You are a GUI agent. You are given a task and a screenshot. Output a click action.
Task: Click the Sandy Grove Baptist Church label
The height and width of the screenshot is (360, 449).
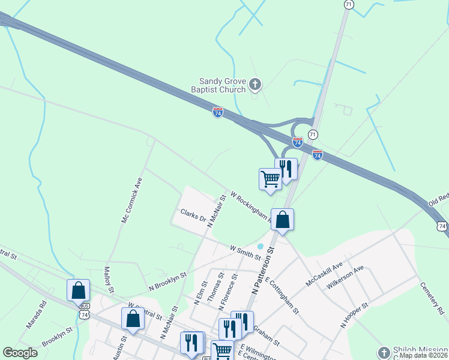point(223,85)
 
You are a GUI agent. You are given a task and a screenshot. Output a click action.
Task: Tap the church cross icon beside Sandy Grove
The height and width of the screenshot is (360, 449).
point(256,85)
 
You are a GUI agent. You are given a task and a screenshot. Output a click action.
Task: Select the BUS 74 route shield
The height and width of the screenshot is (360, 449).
point(85,310)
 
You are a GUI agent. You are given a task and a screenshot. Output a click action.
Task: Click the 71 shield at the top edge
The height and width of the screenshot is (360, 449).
point(349,4)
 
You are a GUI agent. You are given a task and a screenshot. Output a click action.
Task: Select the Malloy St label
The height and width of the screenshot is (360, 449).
point(109,280)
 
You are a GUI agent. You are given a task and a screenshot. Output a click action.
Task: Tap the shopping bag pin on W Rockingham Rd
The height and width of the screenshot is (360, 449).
point(283,220)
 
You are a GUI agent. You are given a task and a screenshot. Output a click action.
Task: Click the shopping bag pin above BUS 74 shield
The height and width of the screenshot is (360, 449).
point(78,290)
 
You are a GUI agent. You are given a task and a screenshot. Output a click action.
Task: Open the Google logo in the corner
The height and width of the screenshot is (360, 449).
point(20,353)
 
